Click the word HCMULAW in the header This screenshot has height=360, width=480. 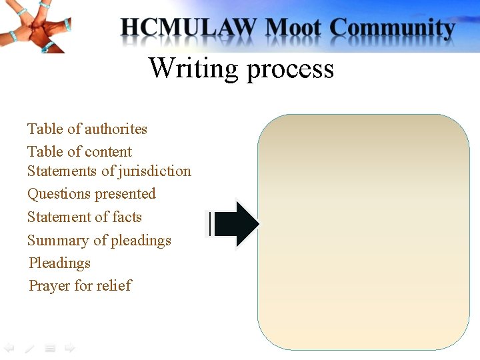point(189,28)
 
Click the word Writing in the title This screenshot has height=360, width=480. point(193,68)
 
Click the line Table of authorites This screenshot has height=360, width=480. point(87,129)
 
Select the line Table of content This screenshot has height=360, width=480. point(79,151)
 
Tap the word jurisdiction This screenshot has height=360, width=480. point(155,171)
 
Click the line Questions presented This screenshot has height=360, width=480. point(91,194)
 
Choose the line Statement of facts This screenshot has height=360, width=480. point(85,217)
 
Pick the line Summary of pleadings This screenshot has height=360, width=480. point(99,240)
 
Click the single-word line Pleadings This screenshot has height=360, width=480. point(59,263)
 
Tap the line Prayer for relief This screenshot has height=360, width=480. point(80,285)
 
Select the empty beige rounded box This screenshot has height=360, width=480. point(363,231)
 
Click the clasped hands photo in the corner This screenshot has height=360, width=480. point(35,25)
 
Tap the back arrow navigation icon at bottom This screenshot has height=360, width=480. point(9,347)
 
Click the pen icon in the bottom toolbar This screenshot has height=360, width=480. point(29,347)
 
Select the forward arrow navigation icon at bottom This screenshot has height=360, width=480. point(69,347)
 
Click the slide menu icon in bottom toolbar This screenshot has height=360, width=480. point(50,347)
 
